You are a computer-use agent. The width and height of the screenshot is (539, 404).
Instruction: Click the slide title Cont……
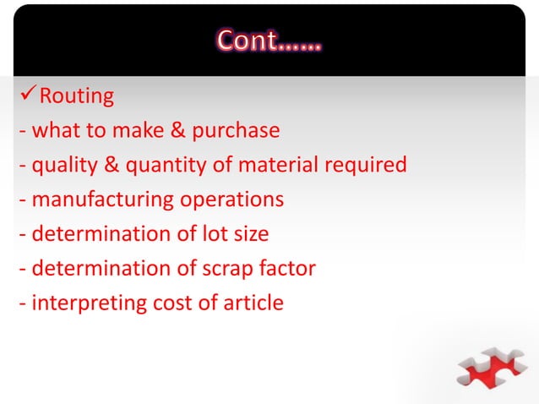(x=269, y=41)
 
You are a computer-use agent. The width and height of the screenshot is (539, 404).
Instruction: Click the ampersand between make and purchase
(x=177, y=131)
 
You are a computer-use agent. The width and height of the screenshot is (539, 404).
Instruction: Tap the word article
(x=252, y=303)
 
